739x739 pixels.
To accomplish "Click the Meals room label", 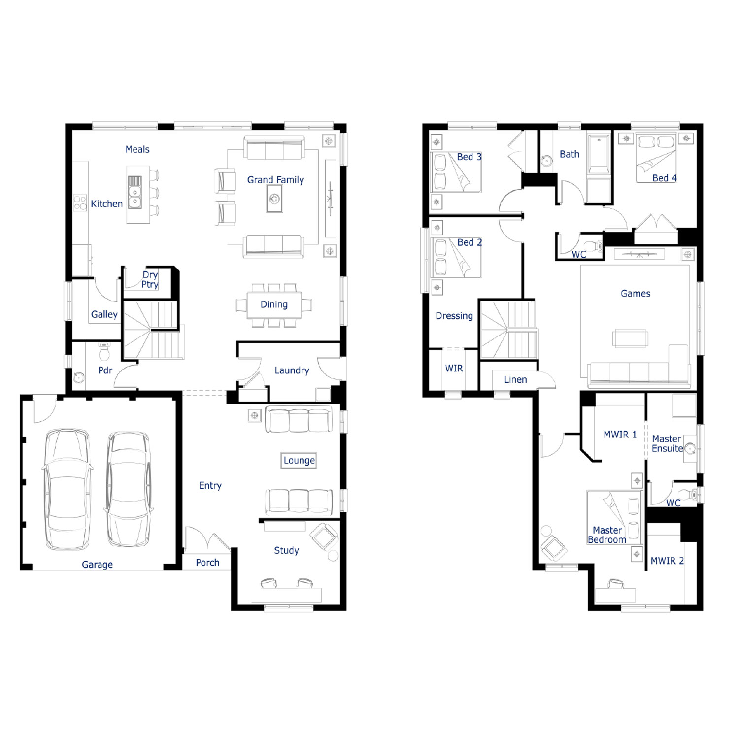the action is coord(137,149).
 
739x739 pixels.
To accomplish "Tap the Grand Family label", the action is coord(275,180).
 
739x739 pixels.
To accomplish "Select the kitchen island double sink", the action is coord(134,192).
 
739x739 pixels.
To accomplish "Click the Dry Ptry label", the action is coord(150,279).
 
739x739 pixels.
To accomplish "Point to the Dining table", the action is coord(274,305).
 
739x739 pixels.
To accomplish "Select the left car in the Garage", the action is coord(67,489).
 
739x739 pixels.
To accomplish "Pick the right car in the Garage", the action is coord(128,489).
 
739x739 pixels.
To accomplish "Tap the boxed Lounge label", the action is coord(299,460).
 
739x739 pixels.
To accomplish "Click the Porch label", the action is coord(207,563).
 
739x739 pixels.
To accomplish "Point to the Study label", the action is coord(286,550).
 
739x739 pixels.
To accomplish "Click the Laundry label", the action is coord(292,370).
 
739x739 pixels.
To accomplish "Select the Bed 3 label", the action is coord(469,157).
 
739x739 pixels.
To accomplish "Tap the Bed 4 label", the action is coord(664,178).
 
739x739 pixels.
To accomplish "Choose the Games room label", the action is coord(636,294).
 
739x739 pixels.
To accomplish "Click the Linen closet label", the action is coord(515,380).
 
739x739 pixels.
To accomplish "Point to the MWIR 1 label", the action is coord(620,435).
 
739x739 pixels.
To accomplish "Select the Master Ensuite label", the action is coord(668,443).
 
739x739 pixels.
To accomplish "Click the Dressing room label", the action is coord(454,316).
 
